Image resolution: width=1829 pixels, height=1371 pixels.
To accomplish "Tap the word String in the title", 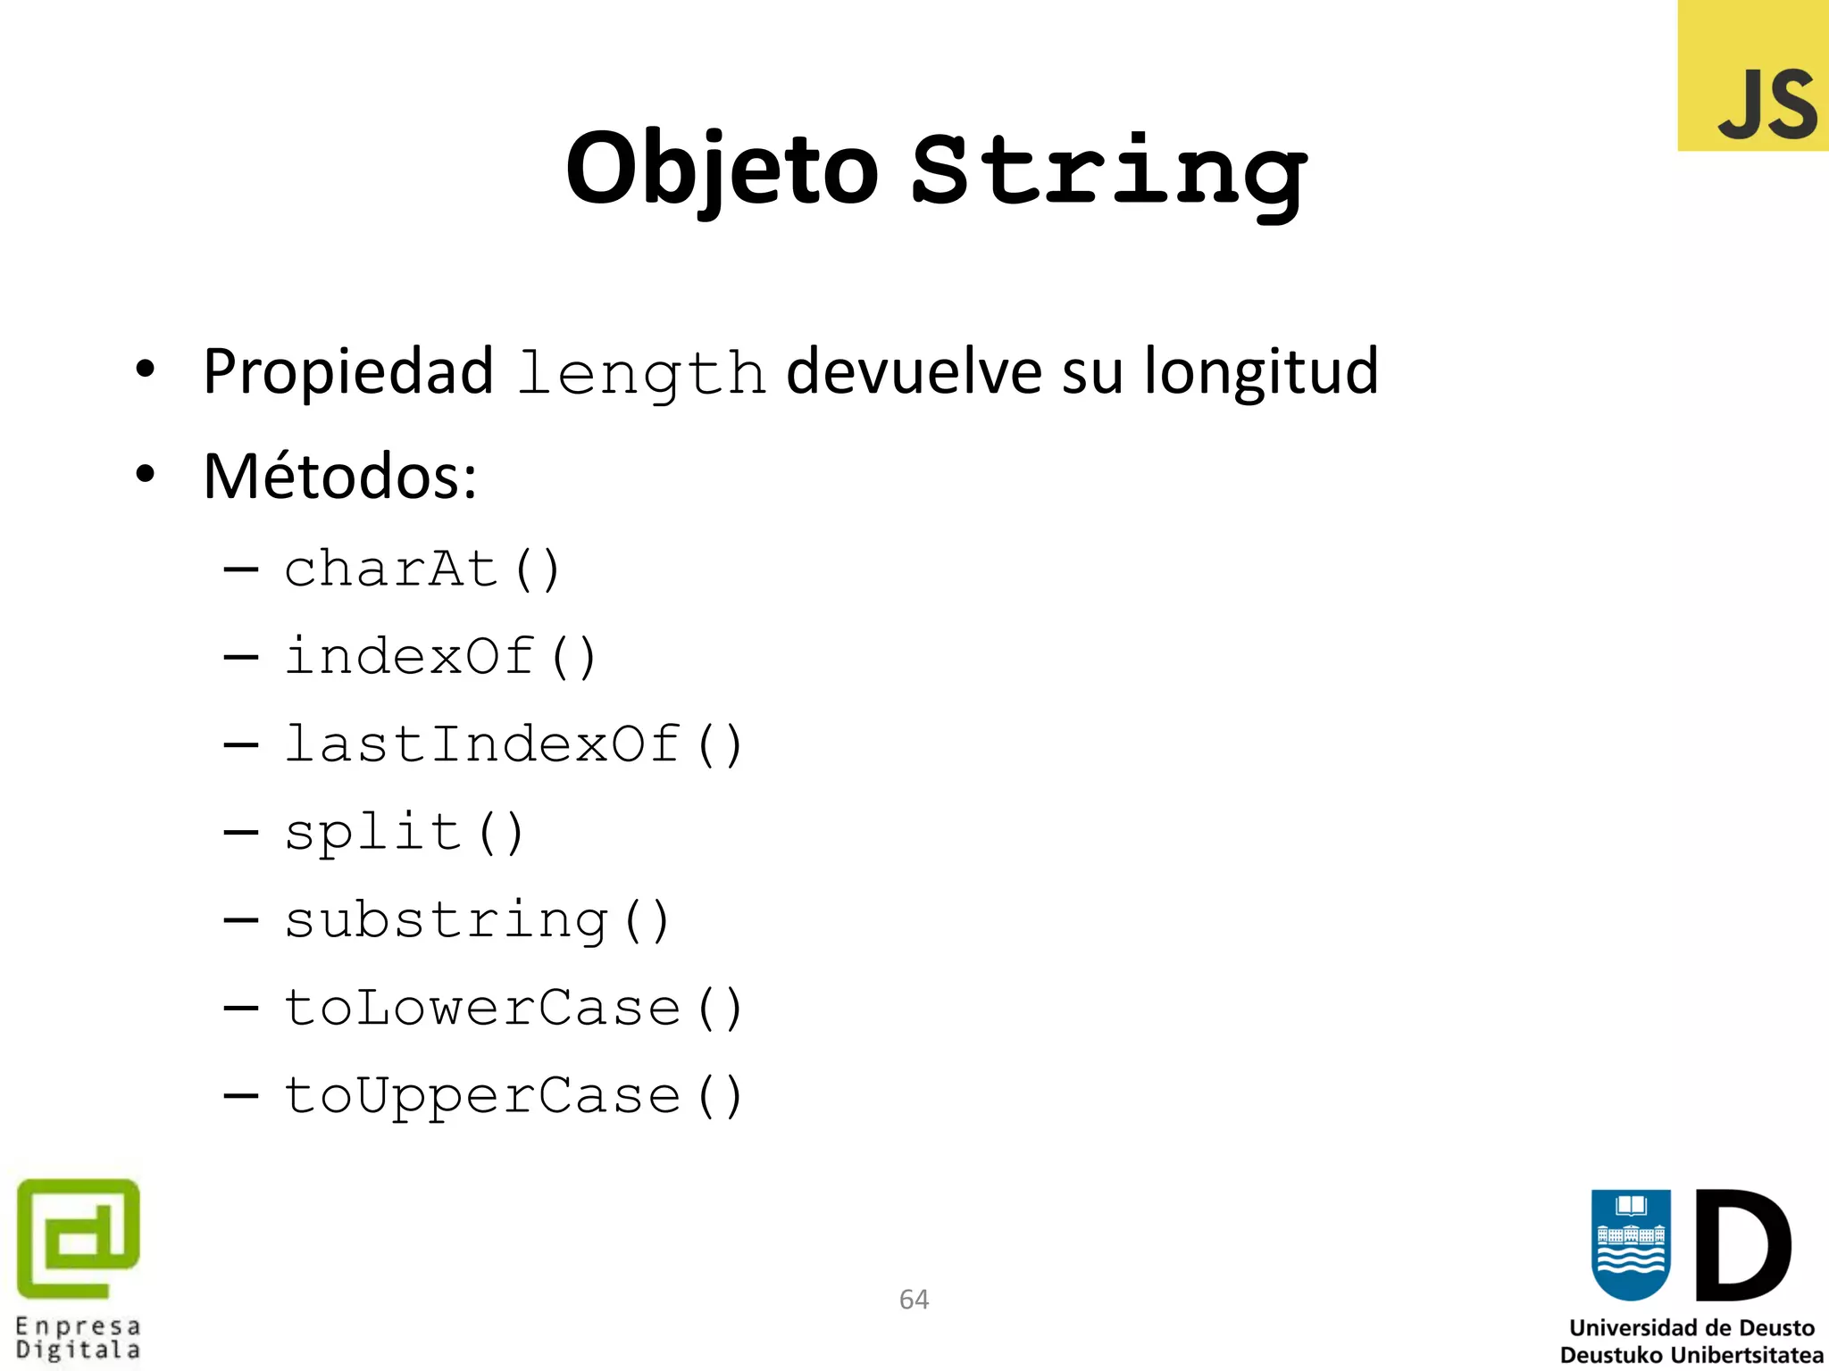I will click(x=1109, y=171).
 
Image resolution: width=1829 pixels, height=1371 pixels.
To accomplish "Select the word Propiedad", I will click(x=348, y=371).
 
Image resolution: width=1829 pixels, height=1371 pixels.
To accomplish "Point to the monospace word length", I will click(x=641, y=373).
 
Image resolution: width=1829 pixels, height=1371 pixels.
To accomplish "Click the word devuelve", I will click(x=913, y=371).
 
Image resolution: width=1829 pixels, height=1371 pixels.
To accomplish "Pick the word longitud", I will click(x=1261, y=371).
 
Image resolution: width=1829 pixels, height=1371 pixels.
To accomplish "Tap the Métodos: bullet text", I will click(x=340, y=477).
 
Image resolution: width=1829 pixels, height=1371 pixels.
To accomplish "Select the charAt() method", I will click(x=422, y=569).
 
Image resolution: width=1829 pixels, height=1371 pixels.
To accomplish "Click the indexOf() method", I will click(x=440, y=656).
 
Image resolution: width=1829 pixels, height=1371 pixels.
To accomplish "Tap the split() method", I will click(x=404, y=832).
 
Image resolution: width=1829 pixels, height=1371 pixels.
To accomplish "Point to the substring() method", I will click(x=477, y=919).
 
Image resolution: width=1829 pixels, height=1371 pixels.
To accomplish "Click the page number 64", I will click(x=914, y=1300).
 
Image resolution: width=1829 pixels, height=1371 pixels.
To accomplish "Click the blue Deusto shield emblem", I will click(x=1631, y=1244).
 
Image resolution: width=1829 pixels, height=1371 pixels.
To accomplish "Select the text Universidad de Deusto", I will click(x=1691, y=1328).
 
